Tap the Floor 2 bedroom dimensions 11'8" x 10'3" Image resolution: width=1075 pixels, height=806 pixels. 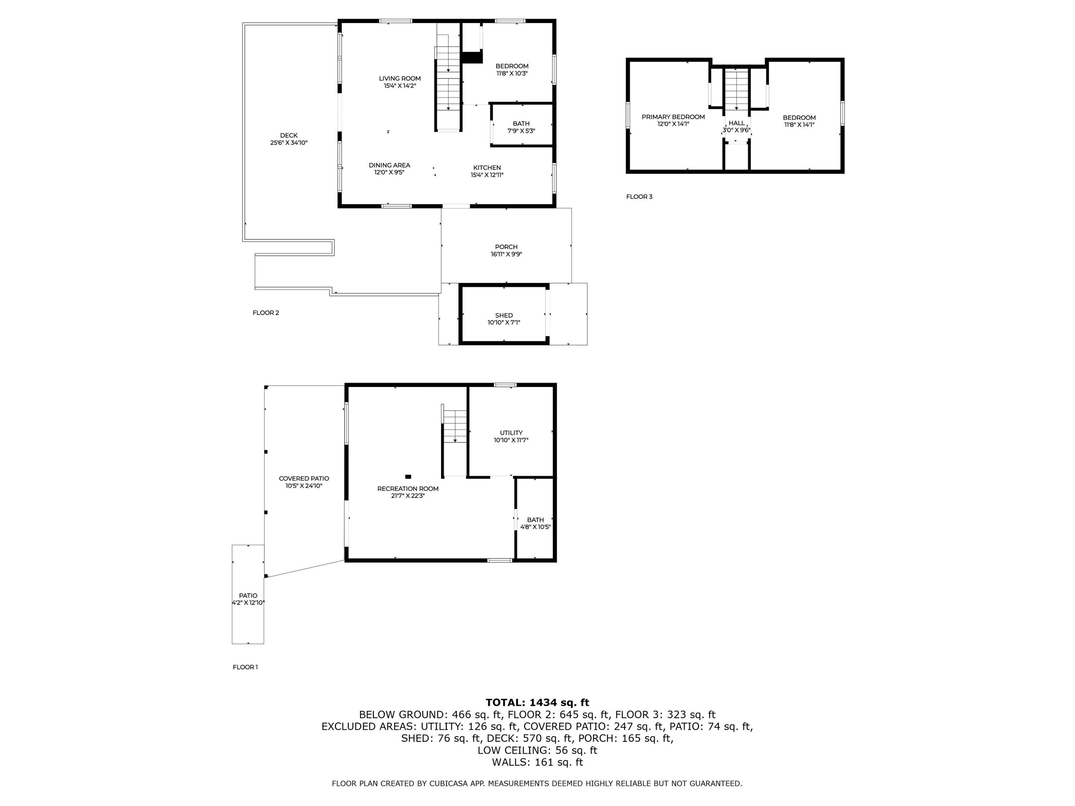tap(512, 74)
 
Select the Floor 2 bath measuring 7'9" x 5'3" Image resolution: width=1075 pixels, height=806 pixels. tap(521, 127)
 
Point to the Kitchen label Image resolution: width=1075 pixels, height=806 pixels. tap(487, 168)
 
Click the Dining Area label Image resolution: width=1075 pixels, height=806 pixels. tap(389, 165)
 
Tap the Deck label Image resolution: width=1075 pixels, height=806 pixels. tap(289, 135)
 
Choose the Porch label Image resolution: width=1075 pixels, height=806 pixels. tap(506, 247)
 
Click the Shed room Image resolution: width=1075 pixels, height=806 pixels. tap(503, 319)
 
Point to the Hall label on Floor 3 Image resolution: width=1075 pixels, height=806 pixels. tap(736, 123)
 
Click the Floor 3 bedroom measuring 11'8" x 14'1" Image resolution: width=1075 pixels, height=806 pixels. tap(799, 121)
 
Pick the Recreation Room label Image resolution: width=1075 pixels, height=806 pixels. tap(408, 489)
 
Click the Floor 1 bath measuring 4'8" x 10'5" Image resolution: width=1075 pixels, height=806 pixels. tap(535, 523)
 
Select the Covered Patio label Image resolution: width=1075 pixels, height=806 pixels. tap(304, 479)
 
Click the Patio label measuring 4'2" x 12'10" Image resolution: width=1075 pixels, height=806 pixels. tap(248, 596)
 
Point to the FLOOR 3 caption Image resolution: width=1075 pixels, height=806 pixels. tap(639, 197)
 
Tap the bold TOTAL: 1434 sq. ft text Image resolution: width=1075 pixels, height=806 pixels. tap(537, 702)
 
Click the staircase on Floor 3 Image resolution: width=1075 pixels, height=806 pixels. tap(736, 90)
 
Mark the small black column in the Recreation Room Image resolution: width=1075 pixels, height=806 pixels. tap(408, 476)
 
